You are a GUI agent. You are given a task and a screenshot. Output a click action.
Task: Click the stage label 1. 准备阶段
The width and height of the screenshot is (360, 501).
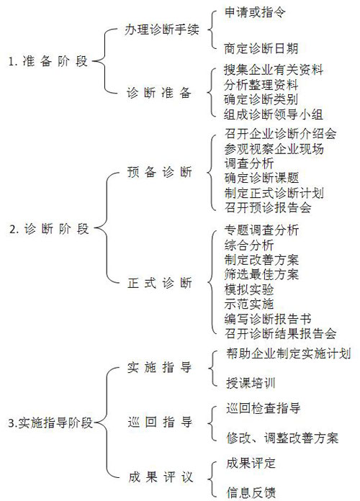(48, 61)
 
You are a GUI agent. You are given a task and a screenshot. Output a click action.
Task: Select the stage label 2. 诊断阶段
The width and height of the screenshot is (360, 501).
(49, 229)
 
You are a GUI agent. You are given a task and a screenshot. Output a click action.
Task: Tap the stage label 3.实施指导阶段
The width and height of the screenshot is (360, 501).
(50, 423)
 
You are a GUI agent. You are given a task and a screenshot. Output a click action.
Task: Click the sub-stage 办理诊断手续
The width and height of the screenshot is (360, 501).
(162, 30)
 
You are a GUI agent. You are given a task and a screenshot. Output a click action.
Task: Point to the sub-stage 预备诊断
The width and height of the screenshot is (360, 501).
(160, 172)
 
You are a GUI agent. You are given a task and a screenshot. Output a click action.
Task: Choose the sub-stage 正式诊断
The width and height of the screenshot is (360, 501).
(160, 283)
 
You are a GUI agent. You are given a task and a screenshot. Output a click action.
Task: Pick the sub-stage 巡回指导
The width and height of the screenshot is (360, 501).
(160, 422)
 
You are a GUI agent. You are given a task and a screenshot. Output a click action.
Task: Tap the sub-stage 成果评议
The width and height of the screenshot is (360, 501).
(161, 477)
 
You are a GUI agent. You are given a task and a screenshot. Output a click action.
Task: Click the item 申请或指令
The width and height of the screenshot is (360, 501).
(255, 12)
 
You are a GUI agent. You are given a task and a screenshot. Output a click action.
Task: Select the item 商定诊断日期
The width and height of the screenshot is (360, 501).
(261, 48)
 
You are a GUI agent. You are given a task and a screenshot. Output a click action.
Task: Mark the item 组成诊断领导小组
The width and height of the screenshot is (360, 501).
(274, 114)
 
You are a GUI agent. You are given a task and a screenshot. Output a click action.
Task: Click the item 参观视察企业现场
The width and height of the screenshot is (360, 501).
(274, 149)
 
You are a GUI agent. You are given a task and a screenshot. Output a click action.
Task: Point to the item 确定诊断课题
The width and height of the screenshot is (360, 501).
(261, 178)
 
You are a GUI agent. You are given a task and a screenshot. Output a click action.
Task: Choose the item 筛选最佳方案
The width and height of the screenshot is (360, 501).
(261, 274)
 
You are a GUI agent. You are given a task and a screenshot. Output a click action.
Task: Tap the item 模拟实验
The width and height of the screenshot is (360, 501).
(249, 289)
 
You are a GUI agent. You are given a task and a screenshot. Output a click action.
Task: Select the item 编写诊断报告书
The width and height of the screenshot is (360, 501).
(268, 319)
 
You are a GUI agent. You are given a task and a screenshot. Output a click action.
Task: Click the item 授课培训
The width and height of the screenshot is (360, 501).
(251, 383)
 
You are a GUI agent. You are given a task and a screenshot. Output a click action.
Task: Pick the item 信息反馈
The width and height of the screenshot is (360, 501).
(251, 492)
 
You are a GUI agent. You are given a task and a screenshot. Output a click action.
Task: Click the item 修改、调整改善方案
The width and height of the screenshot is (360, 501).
(282, 438)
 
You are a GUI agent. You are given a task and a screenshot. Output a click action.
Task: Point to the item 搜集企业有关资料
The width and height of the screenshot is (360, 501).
(274, 70)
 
